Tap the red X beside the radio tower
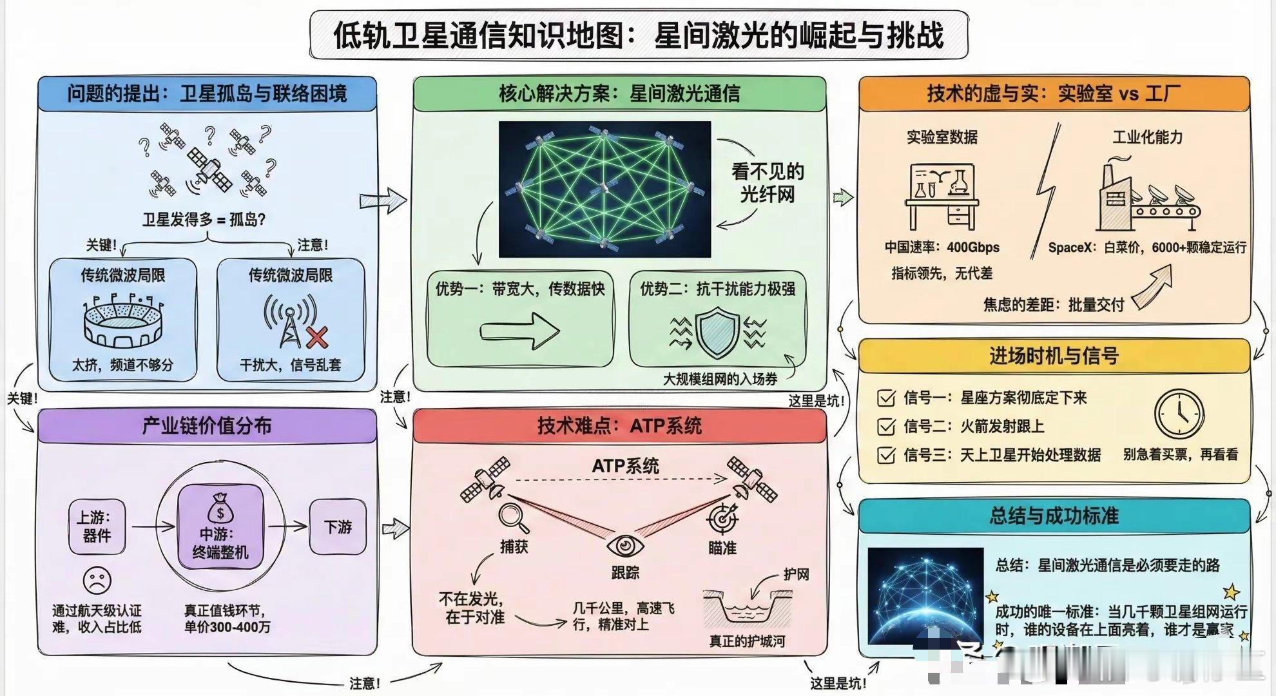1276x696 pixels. pos(316,336)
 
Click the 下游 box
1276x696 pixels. pos(338,527)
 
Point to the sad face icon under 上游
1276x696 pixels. pos(97,580)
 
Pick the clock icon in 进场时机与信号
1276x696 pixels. pos(1179,414)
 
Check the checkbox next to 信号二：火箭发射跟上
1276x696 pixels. pos(886,427)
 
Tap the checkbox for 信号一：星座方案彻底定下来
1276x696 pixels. pos(886,398)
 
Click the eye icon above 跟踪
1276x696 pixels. pos(624,546)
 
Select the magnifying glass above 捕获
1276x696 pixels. pos(513,516)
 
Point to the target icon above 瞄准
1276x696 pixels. pos(723,517)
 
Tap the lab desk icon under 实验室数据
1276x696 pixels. pos(942,196)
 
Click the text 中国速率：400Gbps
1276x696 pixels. pos(942,247)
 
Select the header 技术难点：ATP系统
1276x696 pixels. pos(619,426)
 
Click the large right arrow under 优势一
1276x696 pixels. pos(519,332)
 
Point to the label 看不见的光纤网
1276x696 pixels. pos(767,183)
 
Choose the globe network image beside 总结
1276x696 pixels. pos(925,596)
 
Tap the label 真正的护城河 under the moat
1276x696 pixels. pos(747,641)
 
